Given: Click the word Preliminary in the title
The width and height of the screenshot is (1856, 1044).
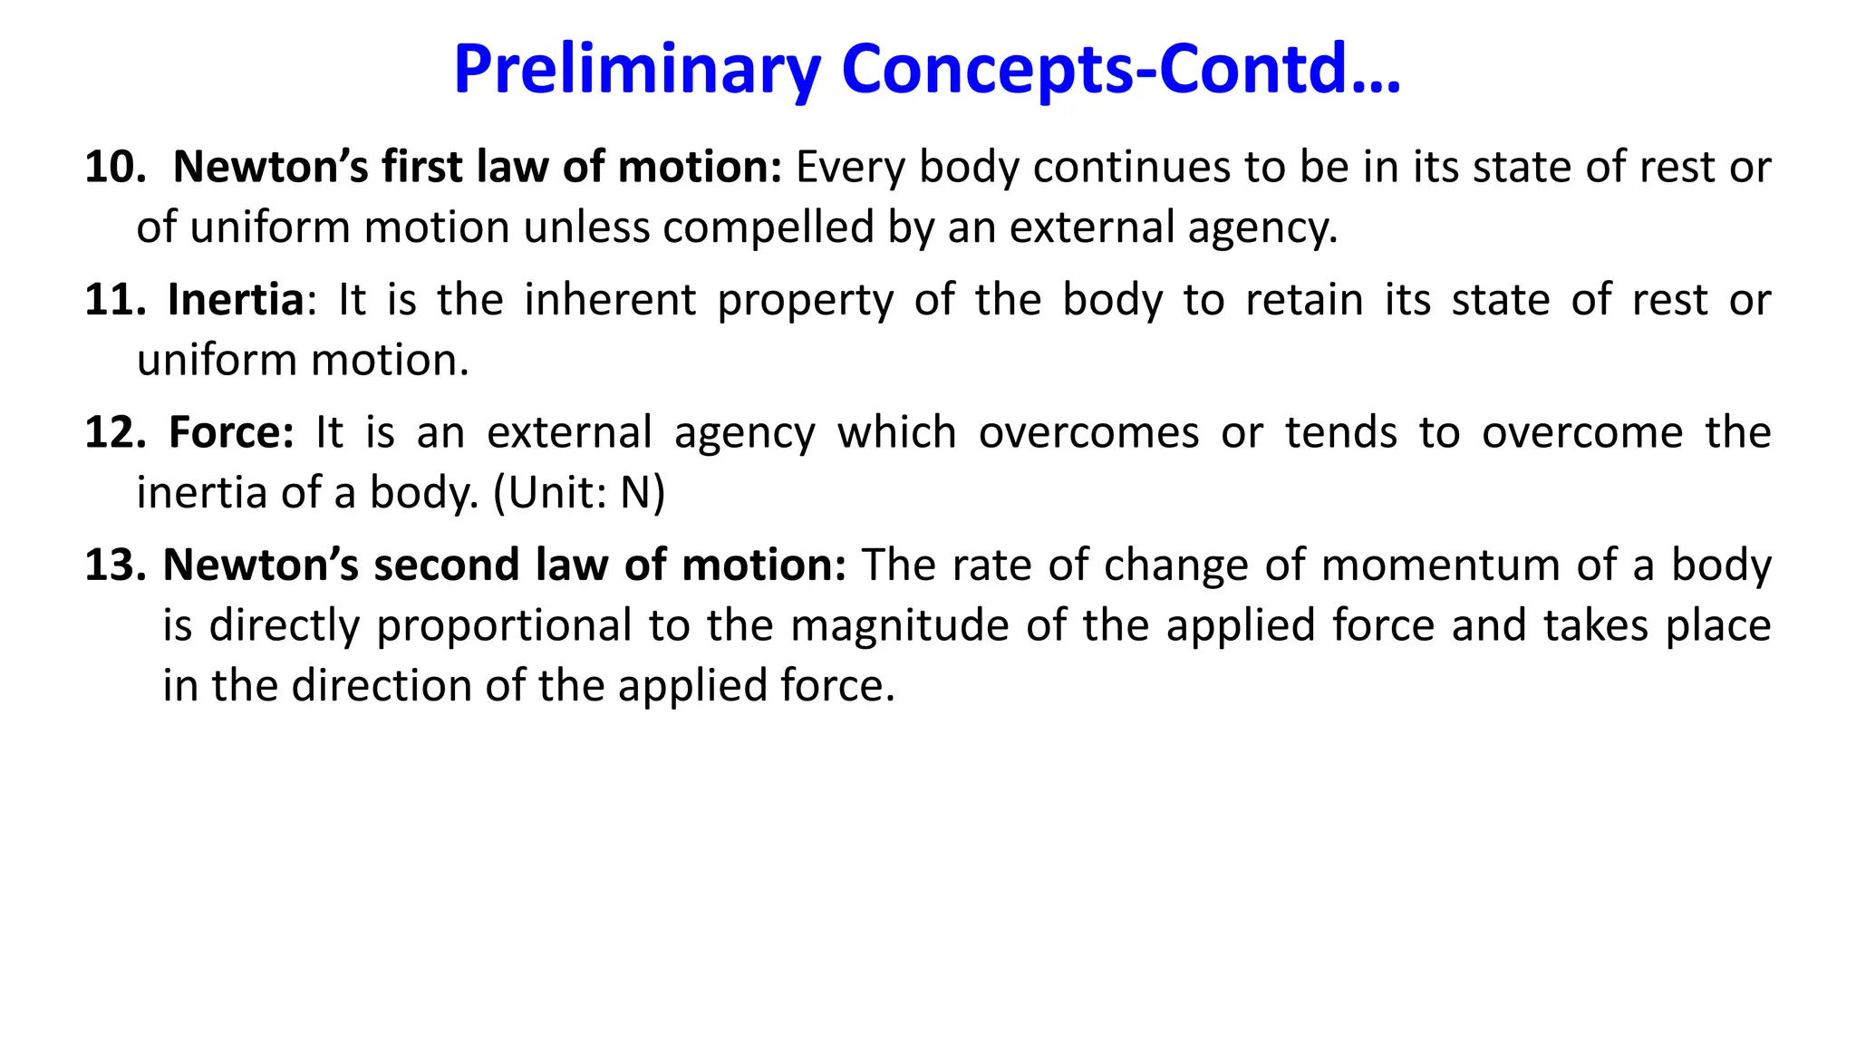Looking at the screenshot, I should (x=637, y=71).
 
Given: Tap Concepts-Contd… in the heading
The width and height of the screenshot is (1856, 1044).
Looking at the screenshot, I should (x=1121, y=69).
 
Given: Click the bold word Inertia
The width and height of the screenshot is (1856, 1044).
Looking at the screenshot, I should (x=236, y=300).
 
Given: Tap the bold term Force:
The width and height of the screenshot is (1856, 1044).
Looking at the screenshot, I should (x=231, y=432).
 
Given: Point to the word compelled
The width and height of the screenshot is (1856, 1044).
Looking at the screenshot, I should (x=768, y=227).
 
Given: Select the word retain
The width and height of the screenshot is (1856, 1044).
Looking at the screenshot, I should (x=1304, y=300).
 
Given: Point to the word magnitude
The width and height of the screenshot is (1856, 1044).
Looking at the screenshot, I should (x=900, y=626).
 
